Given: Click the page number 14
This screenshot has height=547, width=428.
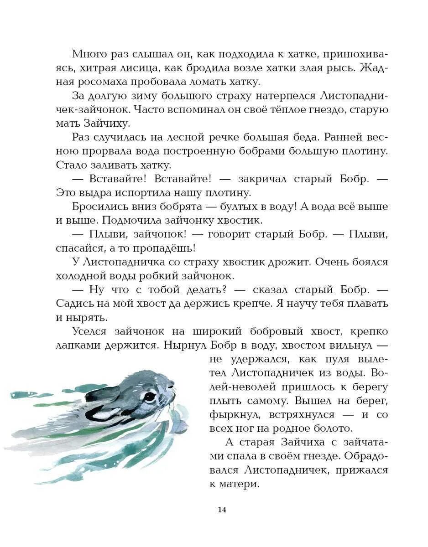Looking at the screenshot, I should [x=222, y=510].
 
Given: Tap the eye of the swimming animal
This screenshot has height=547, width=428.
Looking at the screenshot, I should [x=149, y=396].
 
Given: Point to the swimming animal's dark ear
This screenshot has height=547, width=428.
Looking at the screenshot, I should [x=103, y=393].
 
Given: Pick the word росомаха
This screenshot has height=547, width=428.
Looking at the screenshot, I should [x=109, y=82].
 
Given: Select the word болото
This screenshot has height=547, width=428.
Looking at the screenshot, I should [x=328, y=429].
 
